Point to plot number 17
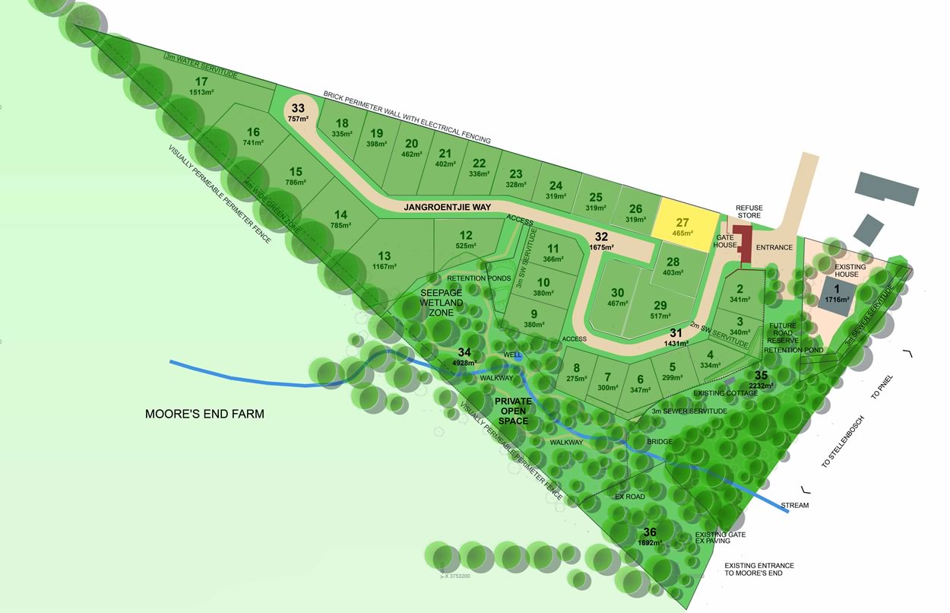[201, 82]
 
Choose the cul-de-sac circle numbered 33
[299, 112]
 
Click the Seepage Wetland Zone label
[442, 303]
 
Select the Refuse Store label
[749, 212]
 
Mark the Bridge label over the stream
[659, 441]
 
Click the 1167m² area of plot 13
[385, 266]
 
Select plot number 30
[617, 293]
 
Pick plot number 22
[479, 164]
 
